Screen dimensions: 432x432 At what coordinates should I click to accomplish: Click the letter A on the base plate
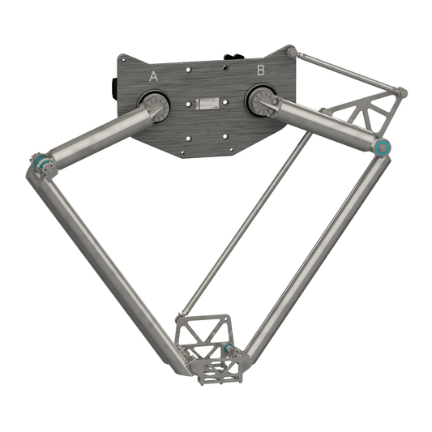pyautogui.click(x=154, y=75)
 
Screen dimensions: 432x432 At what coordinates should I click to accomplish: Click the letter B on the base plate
pyautogui.click(x=260, y=71)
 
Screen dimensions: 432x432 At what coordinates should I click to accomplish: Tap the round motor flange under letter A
pyautogui.click(x=155, y=105)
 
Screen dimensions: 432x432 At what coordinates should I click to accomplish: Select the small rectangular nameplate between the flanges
pyautogui.click(x=207, y=104)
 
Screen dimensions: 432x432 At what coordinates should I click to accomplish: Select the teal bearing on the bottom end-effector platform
pyautogui.click(x=229, y=349)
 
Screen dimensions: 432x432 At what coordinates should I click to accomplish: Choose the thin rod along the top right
pyautogui.click(x=349, y=71)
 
